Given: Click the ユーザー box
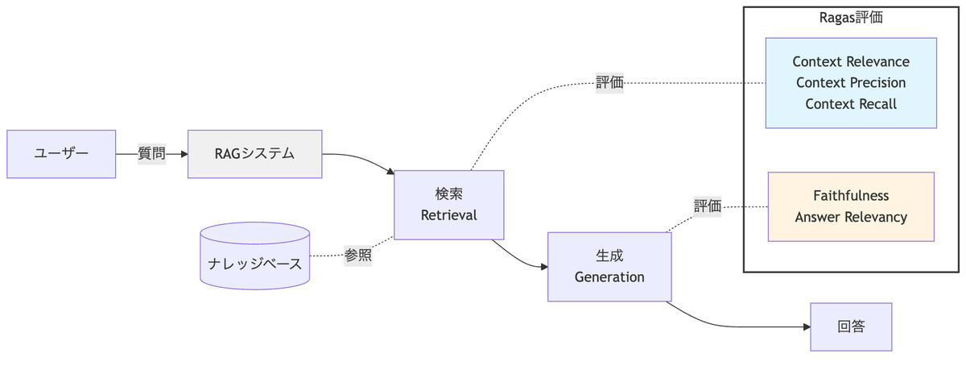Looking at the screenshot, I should (61, 154).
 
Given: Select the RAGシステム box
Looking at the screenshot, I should (254, 154).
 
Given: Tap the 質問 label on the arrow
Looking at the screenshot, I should (151, 154).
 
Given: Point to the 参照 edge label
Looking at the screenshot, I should (358, 255).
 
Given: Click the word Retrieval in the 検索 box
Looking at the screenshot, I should (448, 215).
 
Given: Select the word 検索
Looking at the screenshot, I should (448, 194).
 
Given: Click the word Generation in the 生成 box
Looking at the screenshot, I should (609, 277).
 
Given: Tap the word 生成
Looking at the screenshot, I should (609, 256).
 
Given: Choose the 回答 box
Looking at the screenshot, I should (851, 326).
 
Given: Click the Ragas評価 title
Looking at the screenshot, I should (851, 18).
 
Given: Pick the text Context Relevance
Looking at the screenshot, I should (851, 62).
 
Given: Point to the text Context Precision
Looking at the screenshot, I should (851, 83).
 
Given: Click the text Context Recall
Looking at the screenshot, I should (851, 104).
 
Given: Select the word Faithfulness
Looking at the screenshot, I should (851, 196).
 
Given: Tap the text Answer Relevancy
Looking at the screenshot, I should (851, 217).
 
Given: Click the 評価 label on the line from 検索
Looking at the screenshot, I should (609, 83).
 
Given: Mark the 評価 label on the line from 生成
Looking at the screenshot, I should (708, 206).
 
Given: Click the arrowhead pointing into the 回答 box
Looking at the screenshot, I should (806, 326).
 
